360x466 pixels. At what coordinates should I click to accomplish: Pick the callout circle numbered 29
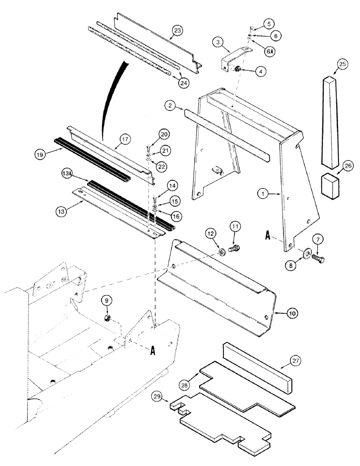tap(159, 397)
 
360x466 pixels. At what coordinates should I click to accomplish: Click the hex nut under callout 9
tap(106, 319)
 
